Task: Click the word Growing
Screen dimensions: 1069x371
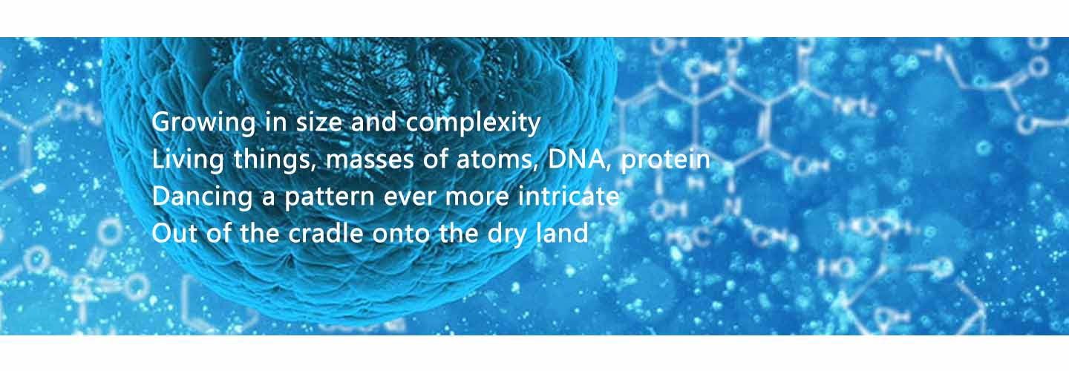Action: pyautogui.click(x=203, y=122)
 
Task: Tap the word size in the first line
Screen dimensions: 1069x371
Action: pyautogui.click(x=319, y=122)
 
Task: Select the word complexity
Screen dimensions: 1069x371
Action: pyautogui.click(x=473, y=122)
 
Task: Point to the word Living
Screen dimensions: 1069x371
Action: pyautogui.click(x=188, y=160)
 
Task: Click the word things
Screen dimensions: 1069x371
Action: pyautogui.click(x=275, y=160)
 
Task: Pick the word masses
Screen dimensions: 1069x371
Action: pyautogui.click(x=370, y=160)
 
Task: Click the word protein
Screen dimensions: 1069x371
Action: pyautogui.click(x=665, y=160)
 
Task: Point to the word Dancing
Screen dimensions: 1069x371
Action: pyautogui.click(x=202, y=197)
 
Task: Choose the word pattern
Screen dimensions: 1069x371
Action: pyautogui.click(x=330, y=197)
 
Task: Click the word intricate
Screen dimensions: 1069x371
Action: pyautogui.click(x=569, y=196)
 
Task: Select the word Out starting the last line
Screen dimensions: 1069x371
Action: pyautogui.click(x=174, y=234)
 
